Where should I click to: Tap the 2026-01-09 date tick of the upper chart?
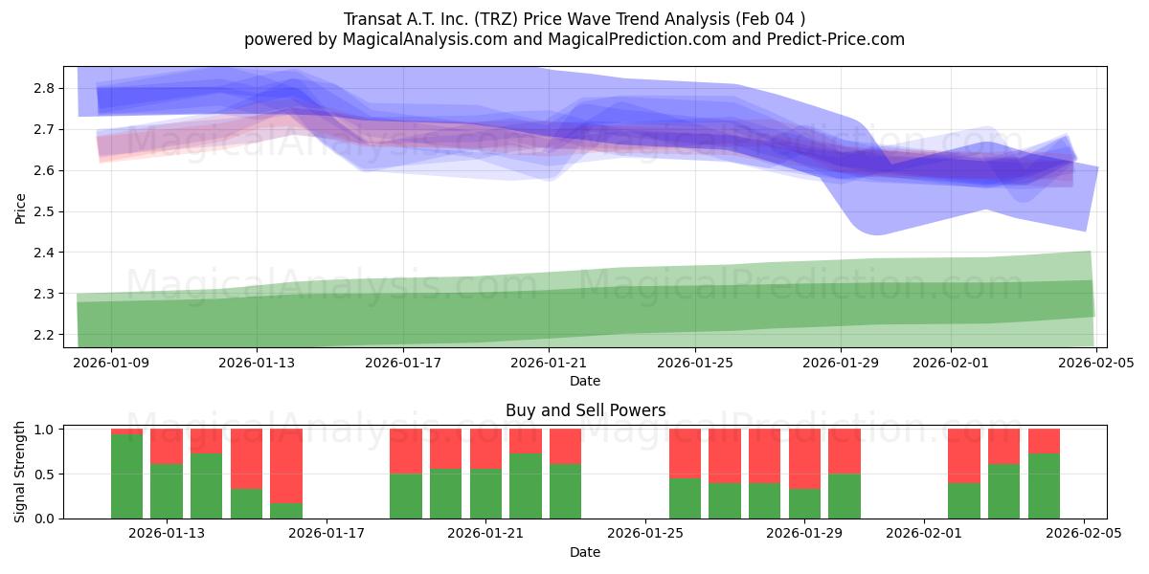[x=111, y=364]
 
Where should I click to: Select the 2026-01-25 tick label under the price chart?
[x=694, y=364]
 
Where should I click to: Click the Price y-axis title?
[x=20, y=208]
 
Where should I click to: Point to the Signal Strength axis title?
[x=20, y=473]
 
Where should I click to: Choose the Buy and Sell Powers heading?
[x=585, y=410]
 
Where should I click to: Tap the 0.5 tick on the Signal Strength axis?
[x=43, y=475]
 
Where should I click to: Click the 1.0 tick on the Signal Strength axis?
[x=43, y=430]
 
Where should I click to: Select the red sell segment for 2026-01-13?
[x=167, y=446]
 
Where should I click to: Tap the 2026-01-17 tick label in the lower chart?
[x=327, y=534]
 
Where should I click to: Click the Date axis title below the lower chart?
[x=585, y=552]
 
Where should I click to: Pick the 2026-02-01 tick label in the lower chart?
[x=924, y=534]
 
